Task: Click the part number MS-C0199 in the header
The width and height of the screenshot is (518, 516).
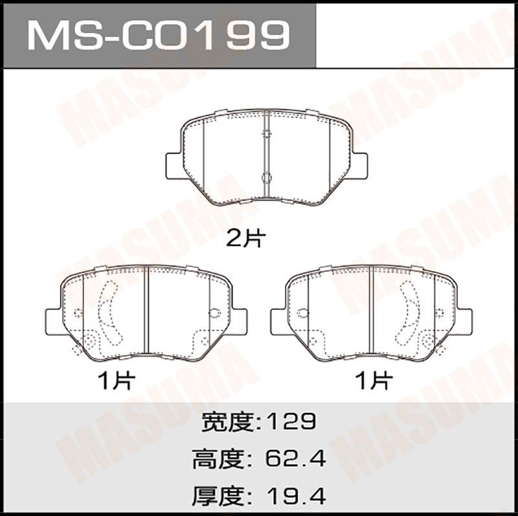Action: [159, 35]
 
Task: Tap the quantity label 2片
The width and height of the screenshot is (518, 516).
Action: [246, 239]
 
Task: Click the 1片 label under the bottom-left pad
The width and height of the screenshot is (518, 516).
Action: [117, 381]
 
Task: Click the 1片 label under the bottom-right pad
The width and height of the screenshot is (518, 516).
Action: [374, 381]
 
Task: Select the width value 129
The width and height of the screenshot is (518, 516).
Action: [291, 421]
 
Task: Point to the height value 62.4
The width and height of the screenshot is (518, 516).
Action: [296, 458]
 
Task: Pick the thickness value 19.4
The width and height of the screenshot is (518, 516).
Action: [296, 495]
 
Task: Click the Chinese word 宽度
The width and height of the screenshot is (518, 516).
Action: [229, 422]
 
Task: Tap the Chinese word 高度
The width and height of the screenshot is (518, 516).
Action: [220, 459]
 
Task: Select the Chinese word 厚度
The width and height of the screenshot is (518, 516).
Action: [220, 496]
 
